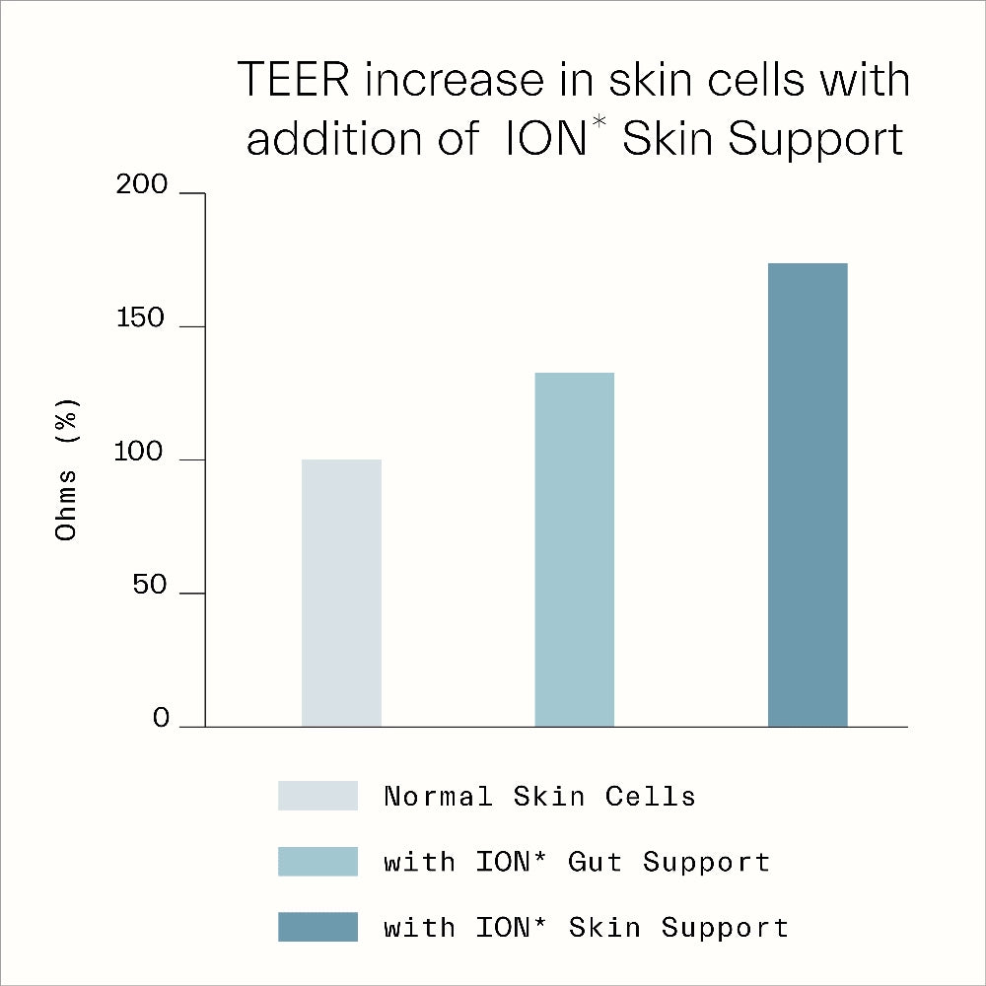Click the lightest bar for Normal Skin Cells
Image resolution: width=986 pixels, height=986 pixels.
(341, 593)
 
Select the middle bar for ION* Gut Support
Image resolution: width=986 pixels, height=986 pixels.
(574, 549)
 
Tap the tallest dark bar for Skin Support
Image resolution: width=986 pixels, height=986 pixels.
(808, 495)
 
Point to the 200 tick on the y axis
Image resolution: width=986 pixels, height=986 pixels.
(144, 186)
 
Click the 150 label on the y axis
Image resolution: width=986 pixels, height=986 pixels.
(144, 319)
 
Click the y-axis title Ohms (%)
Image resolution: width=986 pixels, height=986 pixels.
(67, 467)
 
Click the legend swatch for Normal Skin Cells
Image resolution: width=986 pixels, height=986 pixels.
(317, 796)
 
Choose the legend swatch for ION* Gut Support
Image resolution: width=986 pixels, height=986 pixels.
(317, 862)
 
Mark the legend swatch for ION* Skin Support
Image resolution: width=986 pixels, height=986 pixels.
(317, 927)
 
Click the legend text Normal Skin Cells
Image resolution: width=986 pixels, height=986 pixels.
(539, 796)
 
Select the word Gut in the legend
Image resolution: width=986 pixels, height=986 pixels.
(595, 862)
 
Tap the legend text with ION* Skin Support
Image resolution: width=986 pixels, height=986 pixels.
(586, 928)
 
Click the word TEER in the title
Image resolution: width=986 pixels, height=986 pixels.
(293, 80)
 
